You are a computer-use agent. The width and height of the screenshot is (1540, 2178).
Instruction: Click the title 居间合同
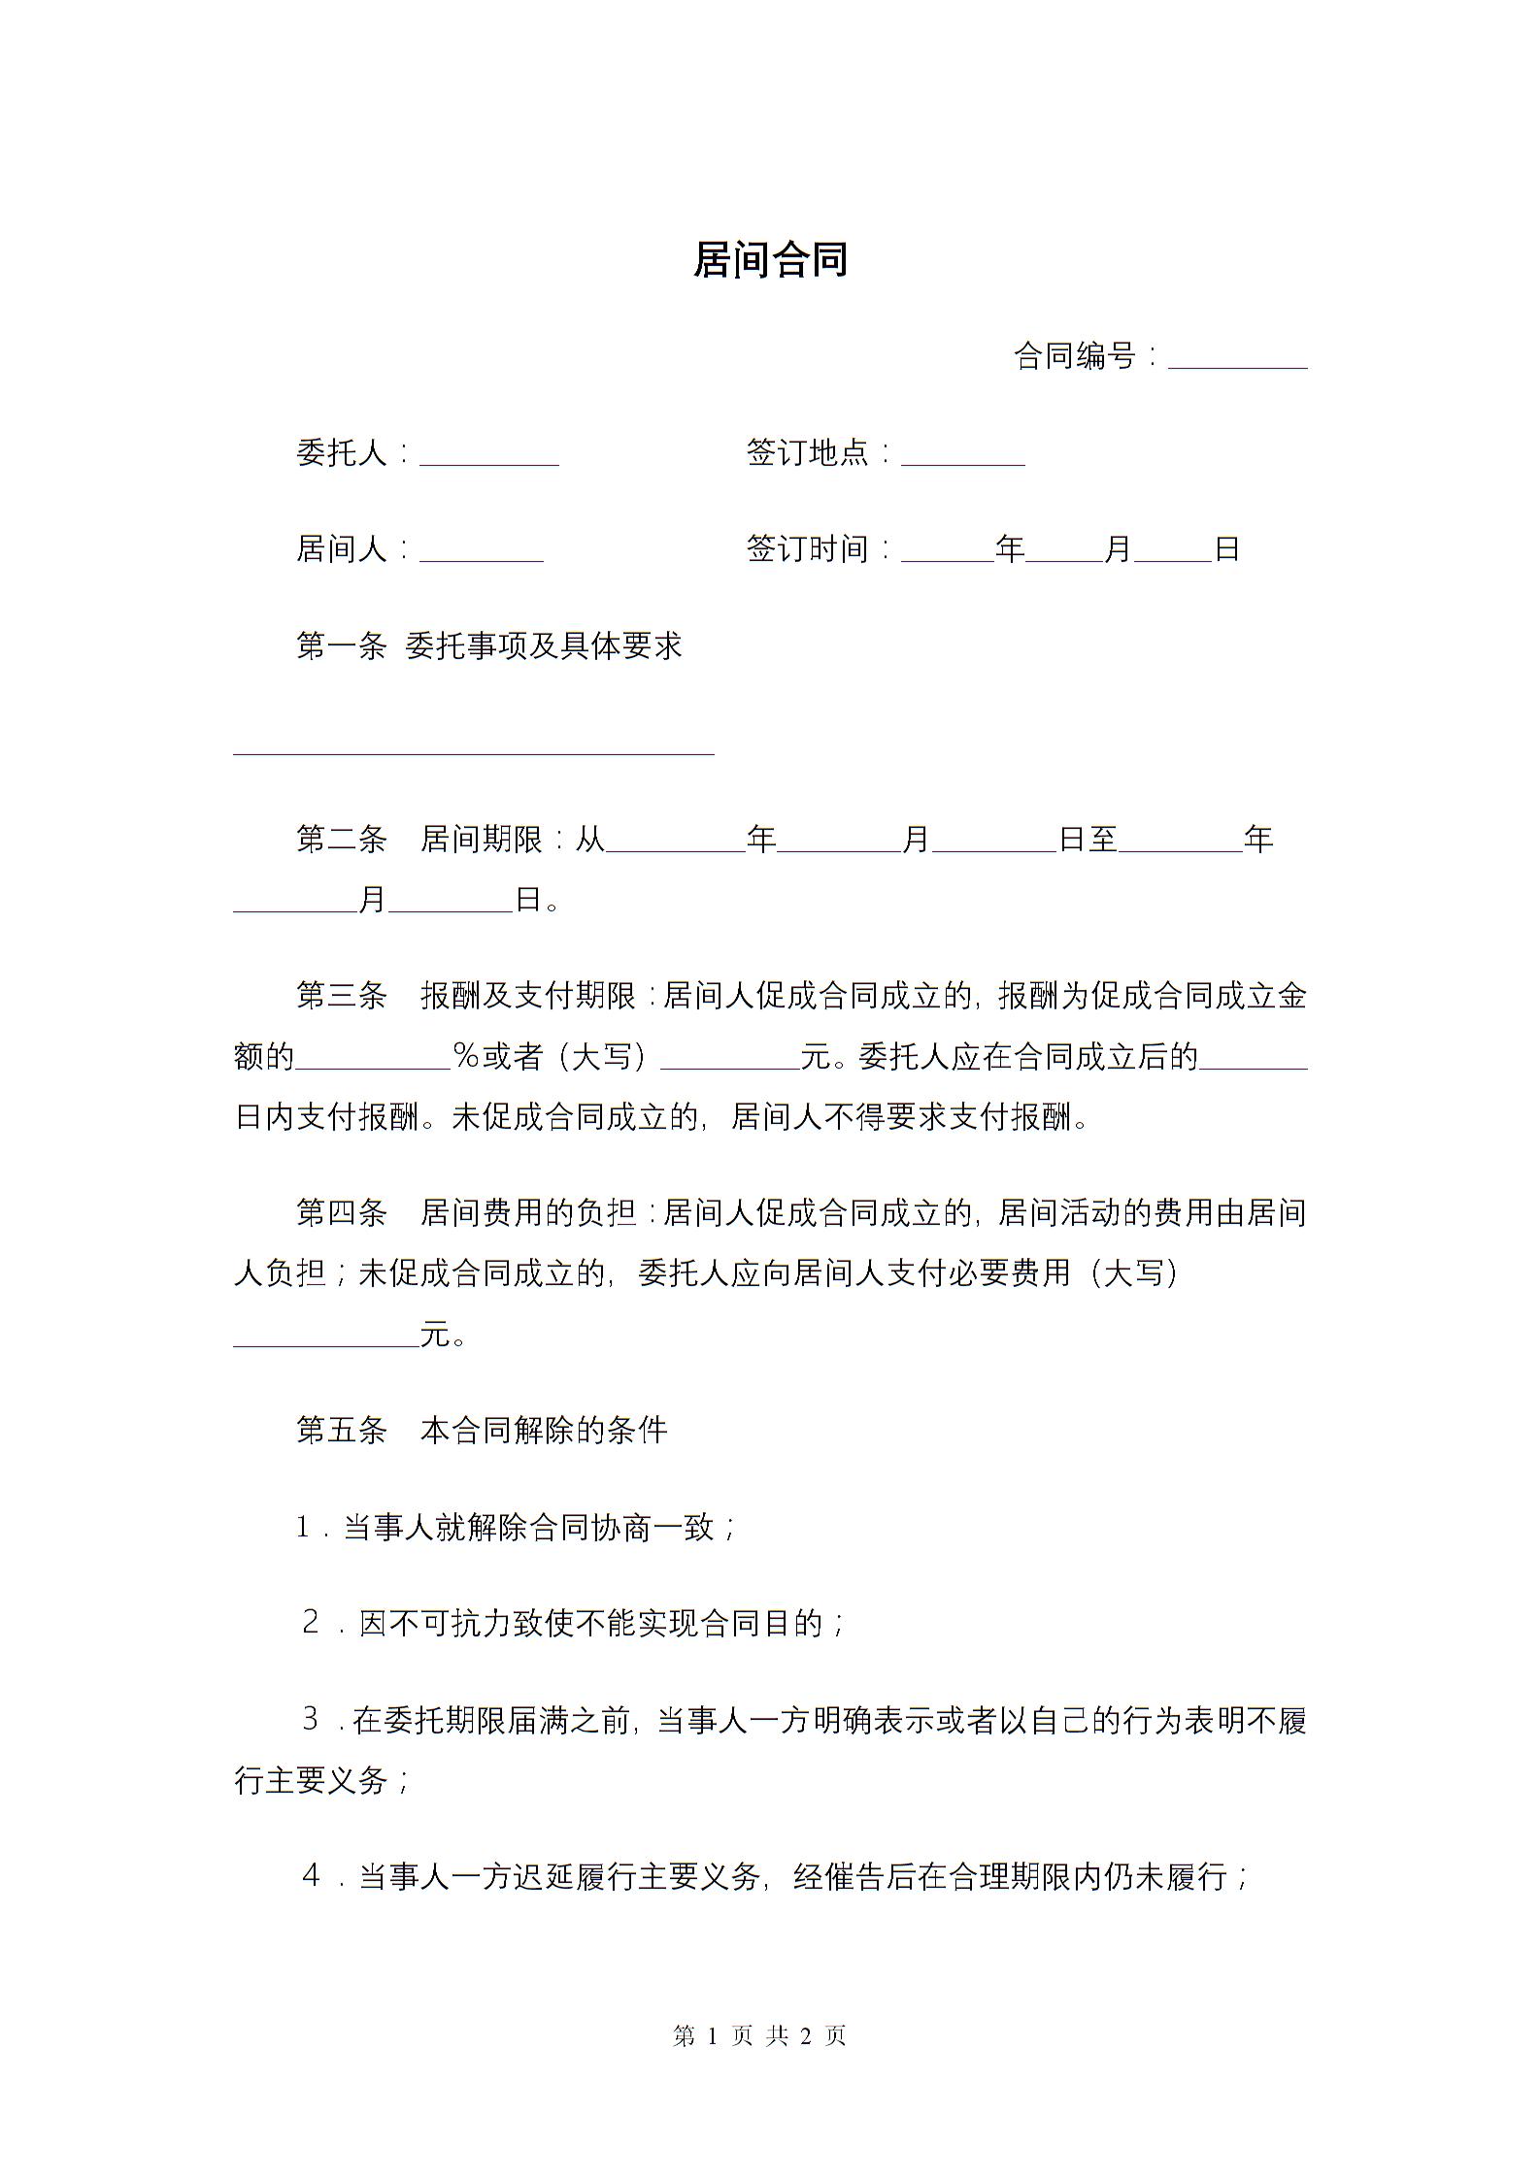pyautogui.click(x=770, y=260)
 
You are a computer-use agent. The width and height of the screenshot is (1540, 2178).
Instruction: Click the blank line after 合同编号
pyautogui.click(x=1237, y=359)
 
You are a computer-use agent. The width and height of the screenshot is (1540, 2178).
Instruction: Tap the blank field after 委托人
pyautogui.click(x=488, y=455)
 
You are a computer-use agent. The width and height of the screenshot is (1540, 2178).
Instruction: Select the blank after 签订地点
pyautogui.click(x=962, y=455)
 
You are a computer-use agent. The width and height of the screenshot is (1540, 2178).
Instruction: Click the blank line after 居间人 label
pyautogui.click(x=481, y=552)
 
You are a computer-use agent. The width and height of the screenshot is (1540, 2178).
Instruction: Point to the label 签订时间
pyautogui.click(x=807, y=549)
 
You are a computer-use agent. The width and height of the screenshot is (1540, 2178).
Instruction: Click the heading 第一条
pyautogui.click(x=341, y=646)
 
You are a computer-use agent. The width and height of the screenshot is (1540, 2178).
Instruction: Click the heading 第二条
pyautogui.click(x=341, y=840)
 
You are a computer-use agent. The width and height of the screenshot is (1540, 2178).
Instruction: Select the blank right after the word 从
pyautogui.click(x=675, y=842)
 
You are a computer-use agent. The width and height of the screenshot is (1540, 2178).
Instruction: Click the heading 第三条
pyautogui.click(x=341, y=996)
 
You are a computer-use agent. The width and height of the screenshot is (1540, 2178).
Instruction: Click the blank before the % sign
pyautogui.click(x=372, y=1059)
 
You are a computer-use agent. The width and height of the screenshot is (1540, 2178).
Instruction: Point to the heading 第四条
pyautogui.click(x=341, y=1212)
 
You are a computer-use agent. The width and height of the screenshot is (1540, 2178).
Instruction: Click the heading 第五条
pyautogui.click(x=341, y=1430)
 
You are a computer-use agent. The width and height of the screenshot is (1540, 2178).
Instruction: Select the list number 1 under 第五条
pyautogui.click(x=303, y=1528)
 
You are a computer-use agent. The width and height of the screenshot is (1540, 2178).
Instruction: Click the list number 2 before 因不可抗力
pyautogui.click(x=311, y=1622)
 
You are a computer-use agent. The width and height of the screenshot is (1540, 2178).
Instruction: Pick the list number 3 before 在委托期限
pyautogui.click(x=311, y=1719)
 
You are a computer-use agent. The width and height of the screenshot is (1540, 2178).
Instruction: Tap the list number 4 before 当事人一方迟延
pyautogui.click(x=311, y=1876)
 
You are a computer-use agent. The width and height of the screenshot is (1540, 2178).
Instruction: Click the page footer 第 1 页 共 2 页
pyautogui.click(x=760, y=2036)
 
